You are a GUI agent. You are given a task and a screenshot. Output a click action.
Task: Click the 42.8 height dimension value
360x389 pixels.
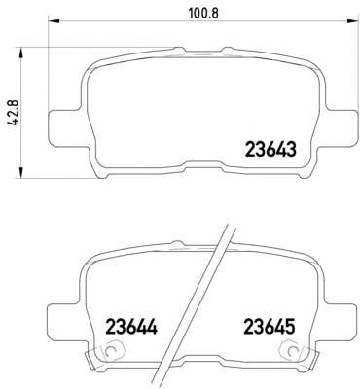[14, 113]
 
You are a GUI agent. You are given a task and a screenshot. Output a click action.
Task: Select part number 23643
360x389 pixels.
[270, 150]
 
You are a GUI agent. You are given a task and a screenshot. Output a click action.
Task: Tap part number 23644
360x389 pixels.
[131, 327]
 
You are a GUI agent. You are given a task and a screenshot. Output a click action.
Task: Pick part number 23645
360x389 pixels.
[270, 327]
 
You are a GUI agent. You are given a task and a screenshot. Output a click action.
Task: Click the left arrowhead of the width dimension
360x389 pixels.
[54, 22]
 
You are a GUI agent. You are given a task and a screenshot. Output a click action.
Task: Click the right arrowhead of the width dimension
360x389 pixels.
[351, 22]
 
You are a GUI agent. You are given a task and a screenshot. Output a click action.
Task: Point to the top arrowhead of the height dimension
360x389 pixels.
[20, 53]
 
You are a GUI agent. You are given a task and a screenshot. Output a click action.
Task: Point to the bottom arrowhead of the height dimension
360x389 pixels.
[20, 173]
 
